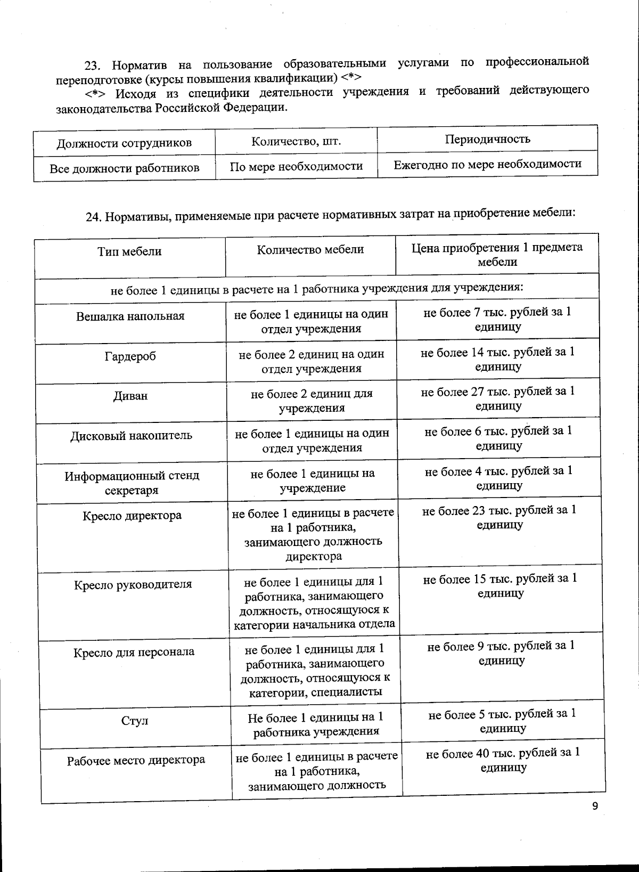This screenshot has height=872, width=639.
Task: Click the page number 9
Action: tap(595, 806)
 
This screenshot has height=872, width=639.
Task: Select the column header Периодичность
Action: tap(487, 139)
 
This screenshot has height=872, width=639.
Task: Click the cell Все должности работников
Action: tap(124, 169)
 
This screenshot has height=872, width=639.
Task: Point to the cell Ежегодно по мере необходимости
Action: tap(487, 164)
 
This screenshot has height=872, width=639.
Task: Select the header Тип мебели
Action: tap(129, 251)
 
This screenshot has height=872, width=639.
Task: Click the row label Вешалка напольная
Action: tap(130, 316)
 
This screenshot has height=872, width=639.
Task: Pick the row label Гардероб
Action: tap(130, 356)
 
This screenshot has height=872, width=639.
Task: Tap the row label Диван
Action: tap(130, 396)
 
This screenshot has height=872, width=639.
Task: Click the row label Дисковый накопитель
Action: tap(131, 436)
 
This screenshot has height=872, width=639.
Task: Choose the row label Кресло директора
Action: tap(132, 516)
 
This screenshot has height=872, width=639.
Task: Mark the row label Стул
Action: tap(134, 721)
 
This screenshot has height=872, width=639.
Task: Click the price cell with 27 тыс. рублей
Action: tap(498, 398)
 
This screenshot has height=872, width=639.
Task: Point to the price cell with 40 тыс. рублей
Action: tap(503, 760)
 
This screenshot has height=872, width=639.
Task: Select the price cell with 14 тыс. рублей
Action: tap(497, 359)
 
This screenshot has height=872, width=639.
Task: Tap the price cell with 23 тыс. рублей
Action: tap(499, 517)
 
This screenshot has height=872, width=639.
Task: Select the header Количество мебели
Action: tap(310, 250)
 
